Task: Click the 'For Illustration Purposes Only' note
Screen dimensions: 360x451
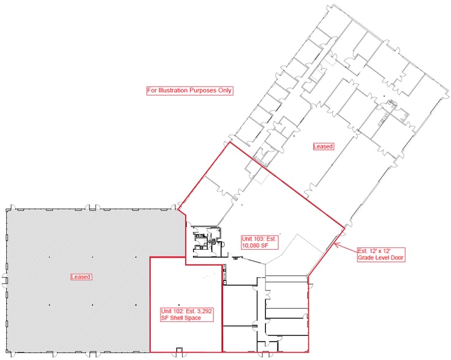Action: tap(189, 91)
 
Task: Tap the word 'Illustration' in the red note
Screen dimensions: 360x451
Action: tap(173, 91)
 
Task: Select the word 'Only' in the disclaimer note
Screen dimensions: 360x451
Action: tap(224, 91)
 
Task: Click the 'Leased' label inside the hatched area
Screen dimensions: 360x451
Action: tap(81, 277)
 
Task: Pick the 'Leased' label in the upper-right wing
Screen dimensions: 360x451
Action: tap(323, 147)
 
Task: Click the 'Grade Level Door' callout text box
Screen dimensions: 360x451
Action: tap(380, 253)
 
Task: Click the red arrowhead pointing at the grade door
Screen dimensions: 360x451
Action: tap(335, 246)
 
